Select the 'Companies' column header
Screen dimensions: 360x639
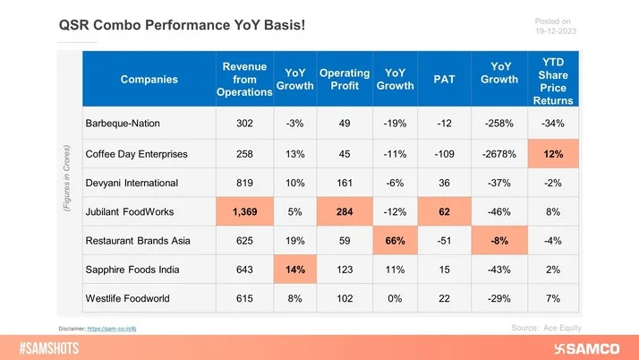point(149,80)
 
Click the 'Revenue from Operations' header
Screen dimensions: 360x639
point(244,80)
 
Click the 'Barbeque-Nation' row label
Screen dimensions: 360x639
point(128,123)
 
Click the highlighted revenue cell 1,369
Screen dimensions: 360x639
point(244,211)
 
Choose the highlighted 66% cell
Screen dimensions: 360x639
point(394,241)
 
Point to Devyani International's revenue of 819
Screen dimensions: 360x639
point(244,183)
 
